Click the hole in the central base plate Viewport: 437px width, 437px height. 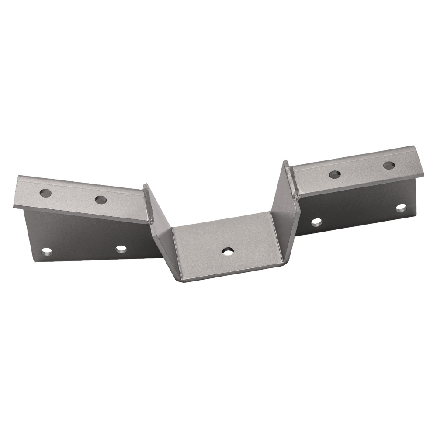click(x=227, y=251)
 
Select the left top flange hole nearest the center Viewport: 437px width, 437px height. click(x=101, y=200)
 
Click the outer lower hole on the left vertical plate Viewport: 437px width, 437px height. click(x=46, y=252)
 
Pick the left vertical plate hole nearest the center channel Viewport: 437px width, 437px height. click(x=121, y=249)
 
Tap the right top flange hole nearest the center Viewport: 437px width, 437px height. click(x=335, y=174)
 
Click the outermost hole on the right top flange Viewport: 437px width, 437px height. click(x=388, y=165)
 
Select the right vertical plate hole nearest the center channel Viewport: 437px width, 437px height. click(x=317, y=222)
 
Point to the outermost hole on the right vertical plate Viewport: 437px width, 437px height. click(x=401, y=208)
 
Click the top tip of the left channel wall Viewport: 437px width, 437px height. click(x=146, y=186)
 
